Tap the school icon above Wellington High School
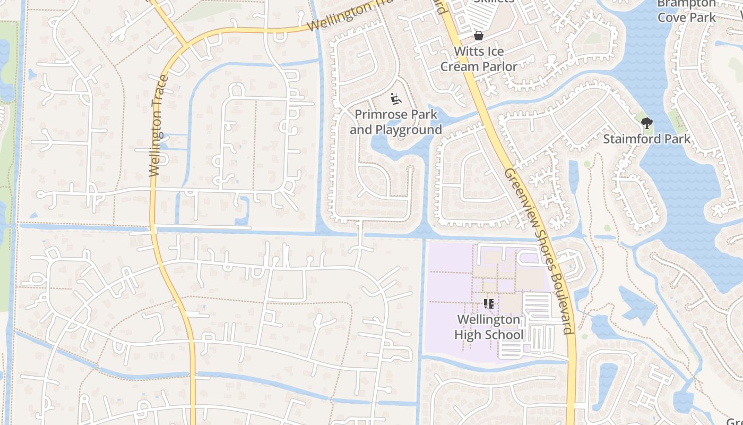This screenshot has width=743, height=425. tap(489, 304)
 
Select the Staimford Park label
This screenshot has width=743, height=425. tap(646, 139)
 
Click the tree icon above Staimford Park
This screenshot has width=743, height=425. tap(646, 124)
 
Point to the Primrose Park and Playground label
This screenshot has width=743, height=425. tap(396, 122)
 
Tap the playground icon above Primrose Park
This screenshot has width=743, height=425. tap(396, 98)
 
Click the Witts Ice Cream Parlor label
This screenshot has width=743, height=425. tap(479, 59)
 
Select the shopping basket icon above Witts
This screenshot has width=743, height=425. tap(478, 36)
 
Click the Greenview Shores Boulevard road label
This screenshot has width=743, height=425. tap(539, 251)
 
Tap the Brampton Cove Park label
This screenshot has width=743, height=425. tap(687, 11)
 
